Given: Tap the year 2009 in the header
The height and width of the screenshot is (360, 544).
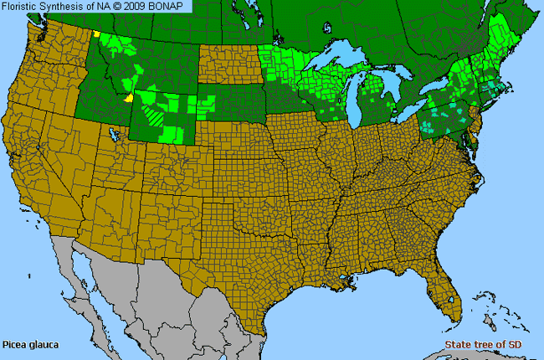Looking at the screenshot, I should (143, 6).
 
